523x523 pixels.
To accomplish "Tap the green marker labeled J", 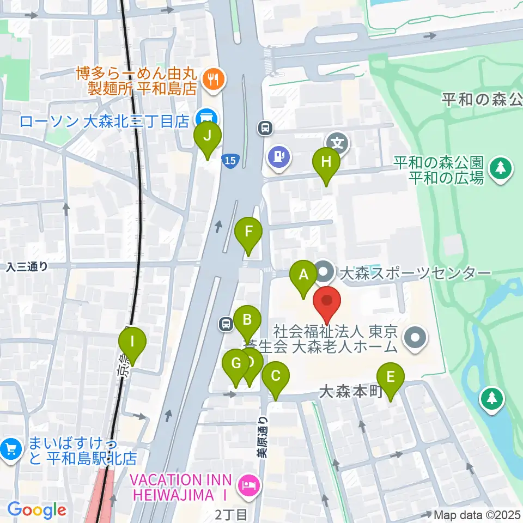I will [x=208, y=138].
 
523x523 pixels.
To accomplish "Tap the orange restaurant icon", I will [x=210, y=80].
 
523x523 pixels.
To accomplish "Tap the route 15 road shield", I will [x=230, y=160].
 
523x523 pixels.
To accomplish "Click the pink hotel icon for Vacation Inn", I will [x=248, y=485].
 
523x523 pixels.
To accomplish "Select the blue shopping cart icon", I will [x=11, y=450].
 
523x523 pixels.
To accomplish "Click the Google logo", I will [x=37, y=510].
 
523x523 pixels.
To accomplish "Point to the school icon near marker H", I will [x=338, y=143].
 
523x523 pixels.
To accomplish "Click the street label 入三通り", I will [x=27, y=266].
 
